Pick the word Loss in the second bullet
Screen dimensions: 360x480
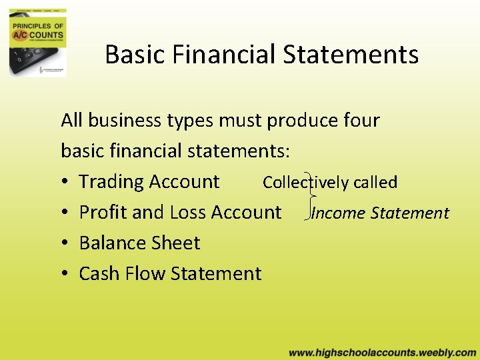187,213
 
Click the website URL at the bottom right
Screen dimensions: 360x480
382,353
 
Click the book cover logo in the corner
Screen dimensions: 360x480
37,42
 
